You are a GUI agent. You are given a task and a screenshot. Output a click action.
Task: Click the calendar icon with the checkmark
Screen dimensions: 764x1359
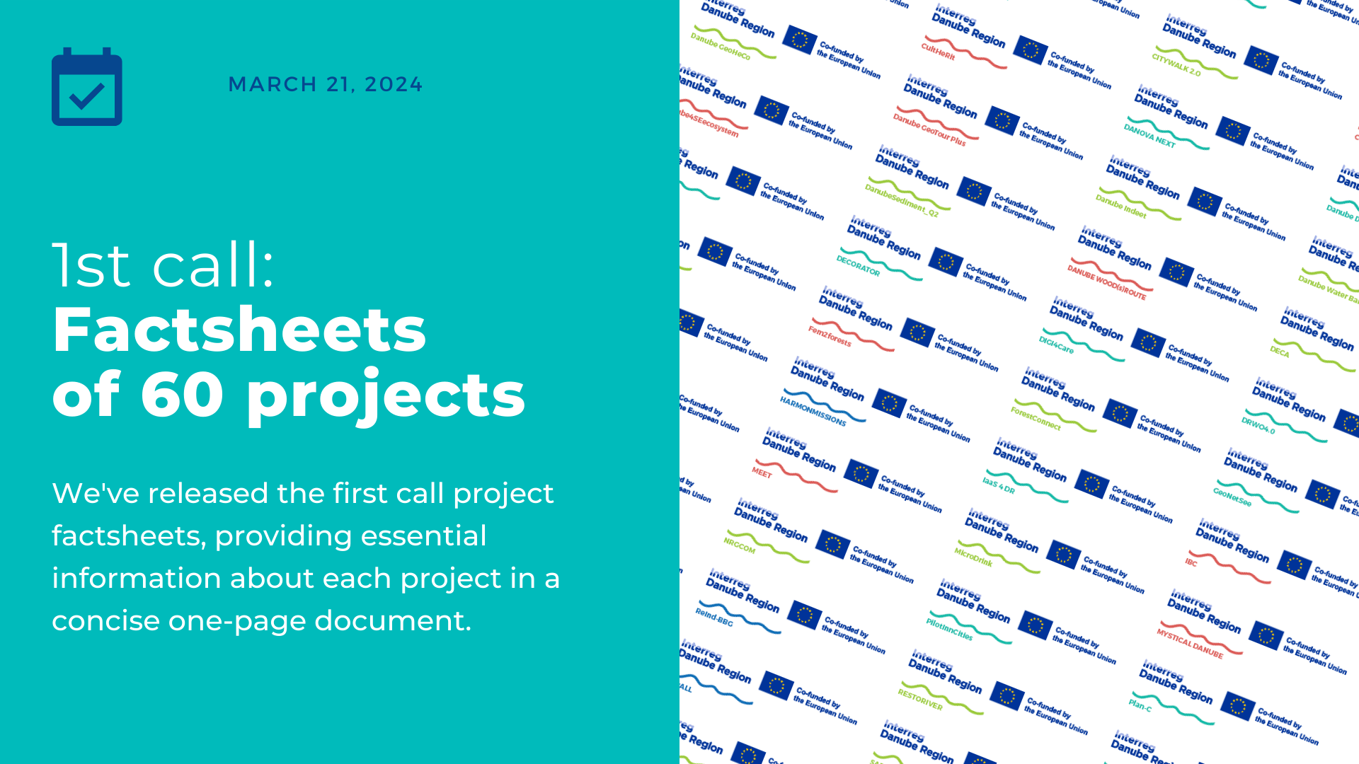87,87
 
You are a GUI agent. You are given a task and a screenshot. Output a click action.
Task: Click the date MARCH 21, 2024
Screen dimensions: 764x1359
325,84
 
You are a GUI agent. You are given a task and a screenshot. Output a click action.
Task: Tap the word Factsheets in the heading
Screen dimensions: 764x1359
239,330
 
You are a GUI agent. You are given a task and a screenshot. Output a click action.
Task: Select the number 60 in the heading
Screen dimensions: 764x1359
182,394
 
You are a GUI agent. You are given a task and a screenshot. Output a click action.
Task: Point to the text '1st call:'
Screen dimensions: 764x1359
164,265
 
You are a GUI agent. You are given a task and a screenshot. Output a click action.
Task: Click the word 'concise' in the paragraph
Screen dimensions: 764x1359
105,621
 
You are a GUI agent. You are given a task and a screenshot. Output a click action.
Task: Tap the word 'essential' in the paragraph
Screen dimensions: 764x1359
421,536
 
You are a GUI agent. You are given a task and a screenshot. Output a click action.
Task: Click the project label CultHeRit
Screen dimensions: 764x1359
938,52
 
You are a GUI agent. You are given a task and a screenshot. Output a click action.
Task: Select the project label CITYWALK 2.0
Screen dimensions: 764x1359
1176,64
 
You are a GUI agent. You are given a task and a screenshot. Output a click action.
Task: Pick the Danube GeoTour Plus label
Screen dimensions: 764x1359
929,130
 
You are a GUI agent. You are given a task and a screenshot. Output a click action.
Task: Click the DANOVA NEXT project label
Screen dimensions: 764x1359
1149,136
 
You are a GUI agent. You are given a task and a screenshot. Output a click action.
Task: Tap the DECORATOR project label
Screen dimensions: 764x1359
858,266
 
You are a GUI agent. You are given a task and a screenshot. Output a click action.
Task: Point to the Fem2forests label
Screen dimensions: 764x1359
830,336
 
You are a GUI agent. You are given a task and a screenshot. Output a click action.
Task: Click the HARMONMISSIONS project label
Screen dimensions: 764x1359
813,411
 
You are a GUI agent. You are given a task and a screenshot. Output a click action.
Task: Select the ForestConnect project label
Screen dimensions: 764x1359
1035,418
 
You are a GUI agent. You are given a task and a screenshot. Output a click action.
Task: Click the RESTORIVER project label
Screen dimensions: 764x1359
919,700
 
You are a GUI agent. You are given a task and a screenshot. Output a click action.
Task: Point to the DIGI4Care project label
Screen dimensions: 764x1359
1055,345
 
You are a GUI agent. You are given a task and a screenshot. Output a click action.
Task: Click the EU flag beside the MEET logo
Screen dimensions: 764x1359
861,474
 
